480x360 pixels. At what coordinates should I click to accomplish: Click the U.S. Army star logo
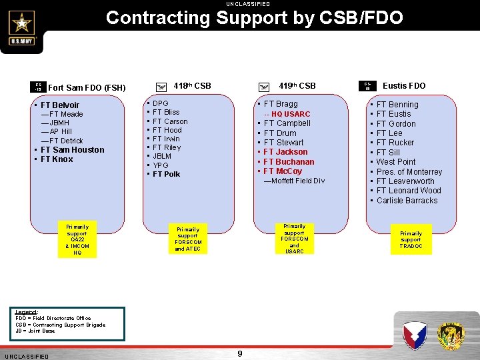(22, 27)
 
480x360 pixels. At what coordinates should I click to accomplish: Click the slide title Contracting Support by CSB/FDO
(254, 17)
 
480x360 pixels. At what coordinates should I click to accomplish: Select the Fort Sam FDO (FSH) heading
(87, 88)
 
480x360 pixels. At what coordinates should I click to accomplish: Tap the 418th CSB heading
(192, 86)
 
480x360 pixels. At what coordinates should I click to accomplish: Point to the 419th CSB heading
(297, 86)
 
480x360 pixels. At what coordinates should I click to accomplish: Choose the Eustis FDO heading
(404, 86)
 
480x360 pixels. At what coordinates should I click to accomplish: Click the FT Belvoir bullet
(59, 105)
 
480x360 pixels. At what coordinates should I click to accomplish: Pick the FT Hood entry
(167, 130)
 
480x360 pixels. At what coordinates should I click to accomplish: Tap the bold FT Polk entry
(166, 174)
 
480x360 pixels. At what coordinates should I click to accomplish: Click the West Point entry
(395, 162)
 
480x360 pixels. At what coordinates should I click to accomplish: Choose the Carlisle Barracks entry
(407, 200)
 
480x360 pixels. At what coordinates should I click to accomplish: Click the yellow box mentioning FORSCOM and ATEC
(187, 239)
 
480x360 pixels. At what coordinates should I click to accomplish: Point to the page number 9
(240, 353)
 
